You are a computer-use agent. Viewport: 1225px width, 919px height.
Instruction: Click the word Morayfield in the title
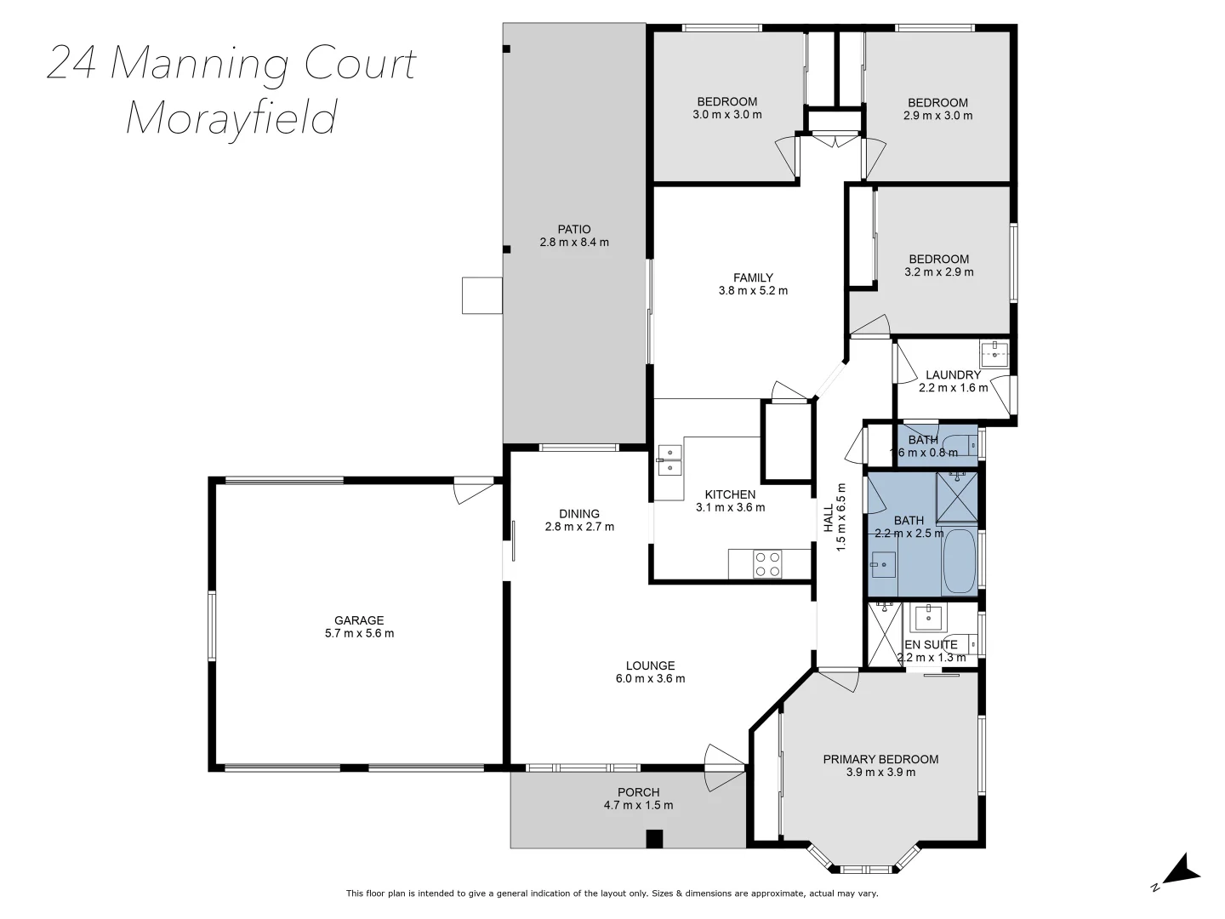[x=231, y=117]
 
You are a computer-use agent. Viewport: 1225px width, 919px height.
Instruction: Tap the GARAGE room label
[x=358, y=620]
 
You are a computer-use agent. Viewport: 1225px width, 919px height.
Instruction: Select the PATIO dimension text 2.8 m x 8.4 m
[x=574, y=242]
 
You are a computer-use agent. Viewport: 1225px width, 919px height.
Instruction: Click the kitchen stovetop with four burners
[x=768, y=563]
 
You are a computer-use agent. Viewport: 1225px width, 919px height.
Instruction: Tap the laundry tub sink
[x=994, y=352]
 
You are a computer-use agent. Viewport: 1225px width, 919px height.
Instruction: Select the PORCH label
[x=638, y=792]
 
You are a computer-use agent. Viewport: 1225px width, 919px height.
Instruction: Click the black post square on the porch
[x=653, y=838]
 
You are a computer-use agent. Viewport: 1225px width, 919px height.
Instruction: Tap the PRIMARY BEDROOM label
[x=880, y=759]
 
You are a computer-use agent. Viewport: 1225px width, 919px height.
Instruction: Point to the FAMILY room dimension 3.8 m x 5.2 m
[x=753, y=290]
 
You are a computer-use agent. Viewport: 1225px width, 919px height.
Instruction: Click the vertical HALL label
[x=829, y=519]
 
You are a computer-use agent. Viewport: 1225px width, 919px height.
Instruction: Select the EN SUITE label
[x=932, y=644]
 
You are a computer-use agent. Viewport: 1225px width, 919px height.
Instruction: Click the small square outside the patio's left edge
[x=482, y=295]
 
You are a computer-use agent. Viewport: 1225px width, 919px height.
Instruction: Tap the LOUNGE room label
[x=650, y=665]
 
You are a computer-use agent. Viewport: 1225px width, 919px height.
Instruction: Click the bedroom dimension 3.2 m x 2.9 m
[x=938, y=272]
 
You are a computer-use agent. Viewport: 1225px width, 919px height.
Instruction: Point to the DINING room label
[x=579, y=513]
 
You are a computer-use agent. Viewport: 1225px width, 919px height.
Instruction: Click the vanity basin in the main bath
[x=883, y=563]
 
